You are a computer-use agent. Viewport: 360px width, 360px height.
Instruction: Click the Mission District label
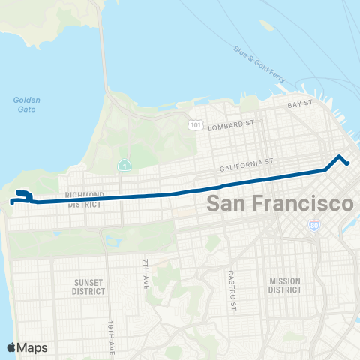284,285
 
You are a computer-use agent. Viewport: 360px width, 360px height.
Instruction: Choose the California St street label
248,161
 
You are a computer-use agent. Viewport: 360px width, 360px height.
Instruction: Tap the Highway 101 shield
195,124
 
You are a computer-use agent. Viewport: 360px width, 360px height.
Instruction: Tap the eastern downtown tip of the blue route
347,163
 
